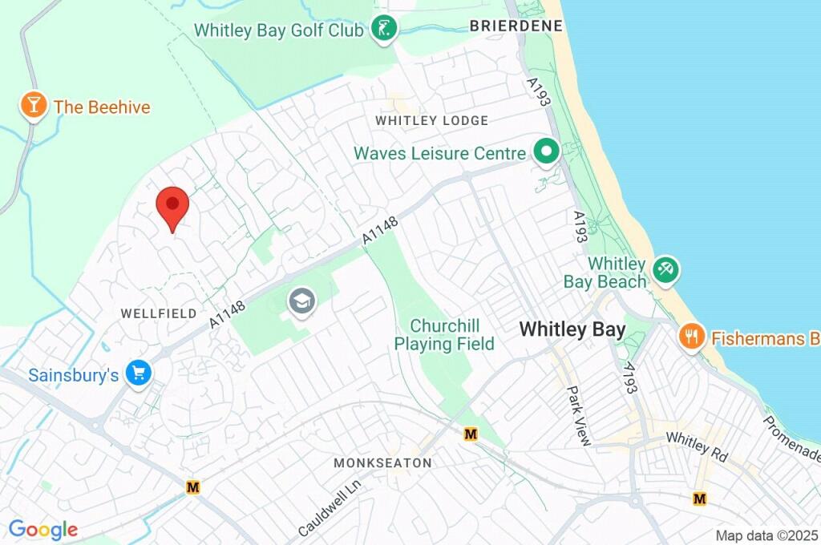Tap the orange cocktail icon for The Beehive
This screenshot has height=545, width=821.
(x=33, y=106)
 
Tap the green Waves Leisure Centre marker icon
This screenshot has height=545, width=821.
(x=547, y=151)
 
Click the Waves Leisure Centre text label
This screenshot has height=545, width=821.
(x=440, y=152)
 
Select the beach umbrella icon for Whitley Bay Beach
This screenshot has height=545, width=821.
(x=665, y=270)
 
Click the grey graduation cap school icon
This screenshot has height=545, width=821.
(x=301, y=302)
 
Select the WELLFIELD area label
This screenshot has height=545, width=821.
(x=158, y=313)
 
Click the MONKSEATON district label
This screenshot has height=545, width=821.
(x=382, y=463)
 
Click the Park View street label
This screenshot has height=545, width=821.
(x=578, y=416)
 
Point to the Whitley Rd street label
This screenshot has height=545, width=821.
(x=697, y=447)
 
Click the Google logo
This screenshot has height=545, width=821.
(x=43, y=530)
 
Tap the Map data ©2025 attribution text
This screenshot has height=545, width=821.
(x=766, y=535)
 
